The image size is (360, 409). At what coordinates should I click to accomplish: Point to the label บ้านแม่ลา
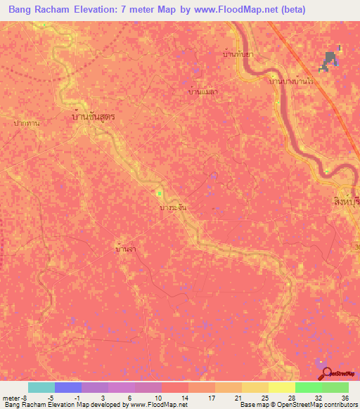pyautogui.click(x=203, y=91)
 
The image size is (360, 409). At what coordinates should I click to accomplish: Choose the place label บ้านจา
pyautogui.click(x=126, y=249)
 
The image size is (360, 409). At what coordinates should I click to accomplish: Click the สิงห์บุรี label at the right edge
pyautogui.click(x=345, y=202)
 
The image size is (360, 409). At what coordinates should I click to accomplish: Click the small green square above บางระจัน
pyautogui.click(x=160, y=193)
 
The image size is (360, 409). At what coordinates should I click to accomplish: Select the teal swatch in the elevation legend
pyautogui.click(x=41, y=387)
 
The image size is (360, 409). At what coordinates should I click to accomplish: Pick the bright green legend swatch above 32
pyautogui.click(x=308, y=387)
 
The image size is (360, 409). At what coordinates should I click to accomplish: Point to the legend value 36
pyautogui.click(x=345, y=398)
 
